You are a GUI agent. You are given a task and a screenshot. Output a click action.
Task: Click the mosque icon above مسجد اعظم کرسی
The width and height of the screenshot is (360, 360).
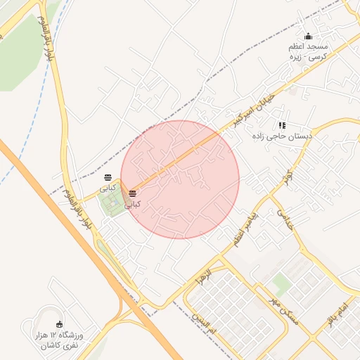(308, 37)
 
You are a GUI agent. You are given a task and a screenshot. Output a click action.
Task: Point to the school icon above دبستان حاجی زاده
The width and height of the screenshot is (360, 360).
(283, 125)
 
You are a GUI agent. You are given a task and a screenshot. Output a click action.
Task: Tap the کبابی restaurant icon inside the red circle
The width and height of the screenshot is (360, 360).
(132, 193)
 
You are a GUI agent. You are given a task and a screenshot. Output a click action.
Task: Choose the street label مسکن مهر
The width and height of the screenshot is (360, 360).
(285, 310)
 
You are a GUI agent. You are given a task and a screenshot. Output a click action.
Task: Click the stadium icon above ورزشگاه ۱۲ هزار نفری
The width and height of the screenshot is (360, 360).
(58, 324)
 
